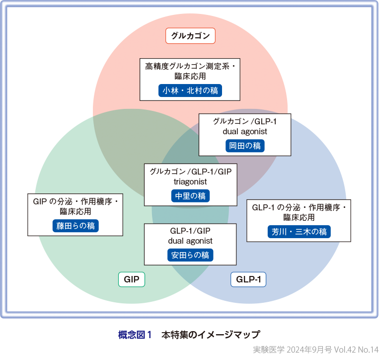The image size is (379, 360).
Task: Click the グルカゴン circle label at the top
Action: [190, 36]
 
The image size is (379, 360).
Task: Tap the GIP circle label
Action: [132, 279]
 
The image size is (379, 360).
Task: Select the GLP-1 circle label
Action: [248, 279]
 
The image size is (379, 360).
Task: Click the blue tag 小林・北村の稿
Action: [190, 90]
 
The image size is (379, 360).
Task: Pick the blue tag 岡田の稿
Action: [244, 146]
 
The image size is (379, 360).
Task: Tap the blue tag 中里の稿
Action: [190, 196]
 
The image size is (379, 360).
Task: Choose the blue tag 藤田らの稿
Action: [76, 226]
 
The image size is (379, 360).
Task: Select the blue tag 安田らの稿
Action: [190, 255]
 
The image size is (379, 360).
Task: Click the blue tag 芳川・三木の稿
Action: [299, 232]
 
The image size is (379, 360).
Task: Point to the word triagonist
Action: [190, 182]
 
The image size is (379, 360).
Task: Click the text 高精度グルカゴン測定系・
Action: [190, 66]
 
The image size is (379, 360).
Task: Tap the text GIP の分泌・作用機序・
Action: [76, 201]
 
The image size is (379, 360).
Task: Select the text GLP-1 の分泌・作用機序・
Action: [299, 207]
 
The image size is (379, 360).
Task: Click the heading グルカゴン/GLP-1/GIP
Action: [190, 172]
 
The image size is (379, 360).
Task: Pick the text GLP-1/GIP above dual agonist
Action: [190, 231]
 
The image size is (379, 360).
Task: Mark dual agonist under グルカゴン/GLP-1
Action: [244, 132]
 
